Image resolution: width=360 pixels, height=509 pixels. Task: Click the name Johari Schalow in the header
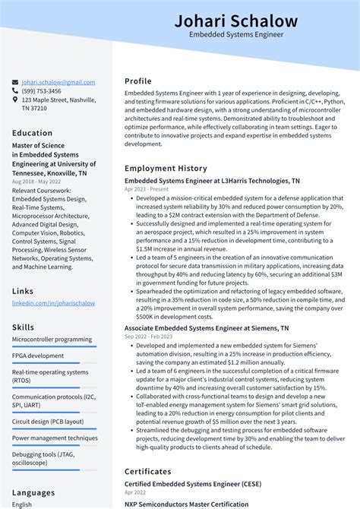[235, 21]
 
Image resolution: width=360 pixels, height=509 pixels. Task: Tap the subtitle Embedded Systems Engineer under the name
[235, 35]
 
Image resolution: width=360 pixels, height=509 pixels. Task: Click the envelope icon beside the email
[15, 82]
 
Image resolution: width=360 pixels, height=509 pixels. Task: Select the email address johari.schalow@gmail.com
[58, 82]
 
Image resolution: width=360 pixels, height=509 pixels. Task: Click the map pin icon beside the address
[15, 100]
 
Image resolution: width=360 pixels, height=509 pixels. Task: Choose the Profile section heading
[138, 81]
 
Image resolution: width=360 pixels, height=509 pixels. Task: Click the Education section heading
[32, 133]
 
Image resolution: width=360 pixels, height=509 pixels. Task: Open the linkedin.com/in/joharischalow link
[53, 303]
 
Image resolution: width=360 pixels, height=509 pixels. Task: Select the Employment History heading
[166, 168]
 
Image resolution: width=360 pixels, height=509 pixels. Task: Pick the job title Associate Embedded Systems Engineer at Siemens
[206, 328]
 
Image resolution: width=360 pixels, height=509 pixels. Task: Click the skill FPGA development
[38, 356]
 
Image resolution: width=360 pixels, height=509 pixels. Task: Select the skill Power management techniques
[55, 438]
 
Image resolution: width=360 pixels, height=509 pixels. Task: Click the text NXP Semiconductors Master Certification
[186, 504]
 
